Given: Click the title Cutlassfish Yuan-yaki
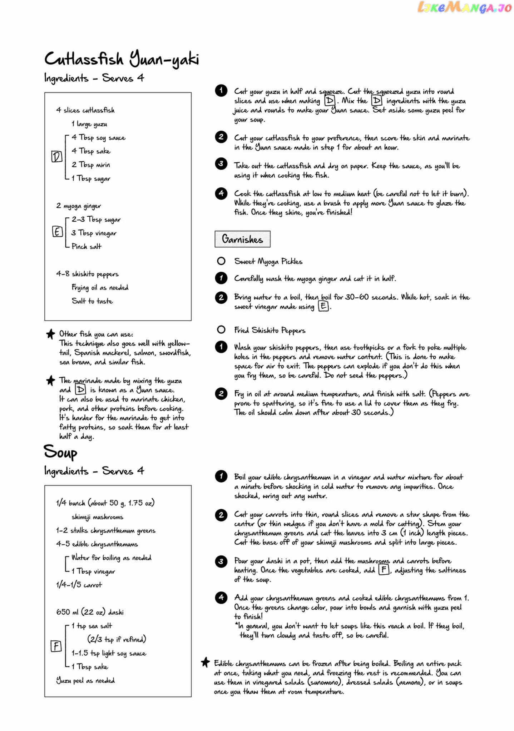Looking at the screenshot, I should [x=122, y=59].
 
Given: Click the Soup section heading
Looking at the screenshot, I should [x=60, y=452].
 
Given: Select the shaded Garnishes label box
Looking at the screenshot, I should [x=242, y=239].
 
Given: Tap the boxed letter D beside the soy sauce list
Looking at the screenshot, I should [x=56, y=157].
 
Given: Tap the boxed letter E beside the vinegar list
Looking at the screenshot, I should [x=57, y=232].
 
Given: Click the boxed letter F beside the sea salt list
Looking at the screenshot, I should [x=56, y=646].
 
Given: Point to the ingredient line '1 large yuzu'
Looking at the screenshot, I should [x=89, y=124].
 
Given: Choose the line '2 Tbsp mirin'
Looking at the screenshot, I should [x=90, y=165].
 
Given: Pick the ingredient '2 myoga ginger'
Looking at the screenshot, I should [x=78, y=206].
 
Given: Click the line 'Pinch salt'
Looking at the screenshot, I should [x=87, y=246].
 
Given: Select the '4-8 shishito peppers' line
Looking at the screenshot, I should [x=87, y=274].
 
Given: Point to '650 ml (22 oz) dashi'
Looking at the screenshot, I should [x=90, y=612].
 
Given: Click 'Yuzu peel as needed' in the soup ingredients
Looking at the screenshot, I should [x=85, y=680].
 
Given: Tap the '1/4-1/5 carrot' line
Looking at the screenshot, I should [x=79, y=585].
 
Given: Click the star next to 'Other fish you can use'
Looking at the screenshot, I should [x=51, y=334].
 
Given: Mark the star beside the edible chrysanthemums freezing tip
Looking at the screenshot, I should [x=205, y=662].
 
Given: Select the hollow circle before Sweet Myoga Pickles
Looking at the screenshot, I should [x=221, y=261].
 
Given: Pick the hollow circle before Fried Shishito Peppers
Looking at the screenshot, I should [x=221, y=329].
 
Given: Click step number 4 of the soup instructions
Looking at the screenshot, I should [x=221, y=597].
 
